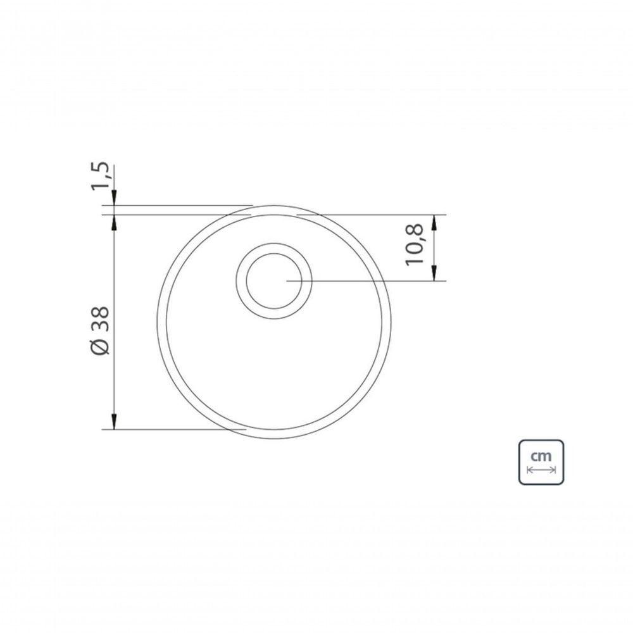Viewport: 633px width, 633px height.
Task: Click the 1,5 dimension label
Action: tap(100, 175)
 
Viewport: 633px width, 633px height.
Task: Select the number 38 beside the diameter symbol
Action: tap(100, 319)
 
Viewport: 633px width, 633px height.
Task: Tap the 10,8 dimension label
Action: tap(415, 244)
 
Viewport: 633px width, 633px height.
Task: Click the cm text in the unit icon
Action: tap(541, 456)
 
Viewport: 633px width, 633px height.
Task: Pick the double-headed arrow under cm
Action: tap(541, 470)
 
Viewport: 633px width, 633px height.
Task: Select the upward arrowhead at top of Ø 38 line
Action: tap(114, 223)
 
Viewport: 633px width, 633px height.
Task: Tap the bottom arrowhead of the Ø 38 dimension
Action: tap(114, 422)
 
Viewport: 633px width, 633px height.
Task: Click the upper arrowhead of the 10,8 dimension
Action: tap(434, 223)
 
